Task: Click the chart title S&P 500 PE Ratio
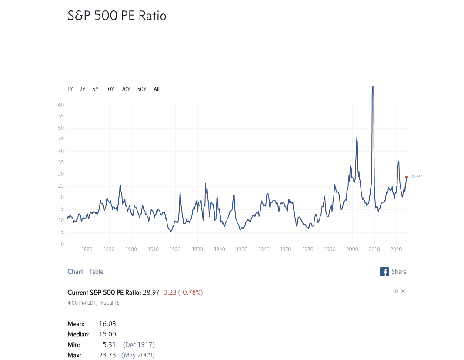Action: click(117, 16)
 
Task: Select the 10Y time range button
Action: click(110, 89)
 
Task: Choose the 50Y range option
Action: click(142, 89)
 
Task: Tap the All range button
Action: click(157, 89)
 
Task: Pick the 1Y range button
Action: click(70, 89)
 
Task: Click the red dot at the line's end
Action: click(407, 177)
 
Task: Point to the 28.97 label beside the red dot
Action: click(416, 177)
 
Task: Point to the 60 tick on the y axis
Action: click(61, 105)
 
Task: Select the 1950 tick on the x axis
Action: click(242, 249)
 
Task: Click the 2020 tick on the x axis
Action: click(396, 249)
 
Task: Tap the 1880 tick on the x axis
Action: click(87, 249)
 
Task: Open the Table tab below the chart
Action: click(96, 272)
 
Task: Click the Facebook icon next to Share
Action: click(384, 272)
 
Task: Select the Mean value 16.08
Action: click(107, 324)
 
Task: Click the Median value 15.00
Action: click(107, 334)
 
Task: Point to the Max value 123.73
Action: click(106, 355)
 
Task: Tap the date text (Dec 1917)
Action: click(139, 345)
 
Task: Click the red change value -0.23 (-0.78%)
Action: click(182, 293)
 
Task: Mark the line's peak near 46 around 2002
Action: click(357, 138)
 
